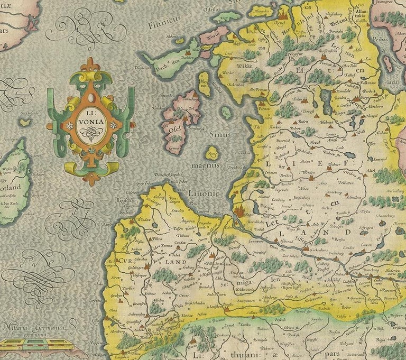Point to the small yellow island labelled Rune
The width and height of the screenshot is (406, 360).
pyautogui.click(x=213, y=154)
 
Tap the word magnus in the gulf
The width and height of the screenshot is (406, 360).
pyautogui.click(x=206, y=165)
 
